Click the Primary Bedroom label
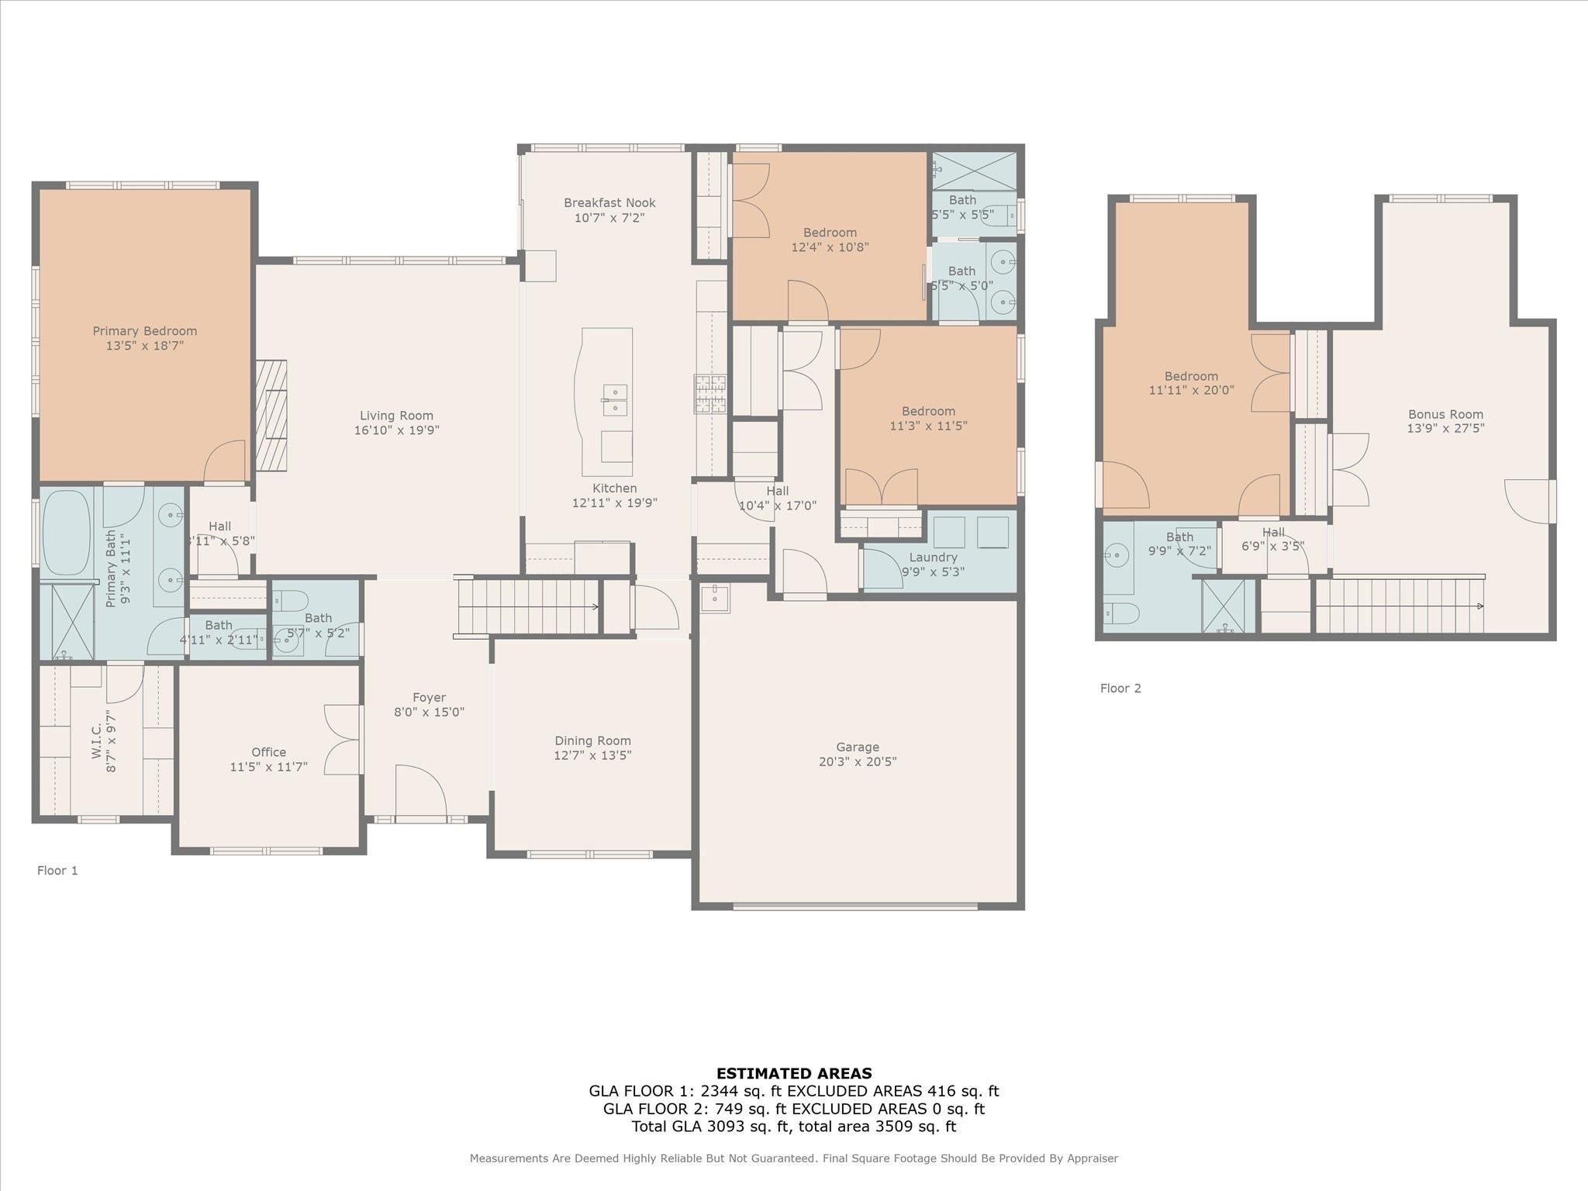tap(145, 331)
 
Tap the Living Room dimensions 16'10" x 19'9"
tap(396, 430)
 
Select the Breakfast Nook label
tap(609, 203)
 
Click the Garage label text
tap(857, 747)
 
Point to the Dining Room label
tap(592, 741)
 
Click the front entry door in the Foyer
tap(420, 792)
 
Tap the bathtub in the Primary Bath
tap(67, 533)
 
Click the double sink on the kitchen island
tap(615, 400)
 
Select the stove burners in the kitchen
tap(709, 393)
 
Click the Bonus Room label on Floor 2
tap(1445, 415)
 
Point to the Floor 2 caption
tap(1120, 689)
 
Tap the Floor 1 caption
tap(57, 871)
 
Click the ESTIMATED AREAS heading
tap(794, 1074)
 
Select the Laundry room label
tap(933, 558)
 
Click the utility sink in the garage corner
tap(714, 598)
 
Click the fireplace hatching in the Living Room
tap(271, 415)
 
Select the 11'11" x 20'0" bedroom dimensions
tap(1191, 391)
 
